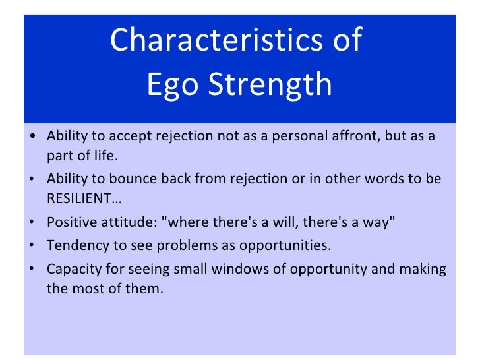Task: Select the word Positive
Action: tap(71, 223)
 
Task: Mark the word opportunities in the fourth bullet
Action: tap(292, 246)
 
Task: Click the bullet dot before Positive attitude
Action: tap(33, 224)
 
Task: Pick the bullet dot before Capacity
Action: tap(33, 270)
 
